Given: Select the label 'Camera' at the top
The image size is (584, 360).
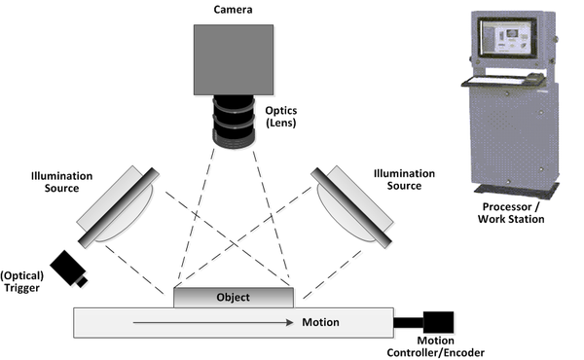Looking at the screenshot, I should click(x=233, y=11).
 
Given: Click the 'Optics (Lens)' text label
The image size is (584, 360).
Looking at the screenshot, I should click(x=281, y=119).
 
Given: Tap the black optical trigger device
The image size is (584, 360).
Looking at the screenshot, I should click(x=69, y=268).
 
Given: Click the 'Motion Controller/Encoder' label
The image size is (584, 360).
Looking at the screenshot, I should click(x=443, y=346).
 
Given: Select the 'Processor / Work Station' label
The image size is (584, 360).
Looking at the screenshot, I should click(x=512, y=213).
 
